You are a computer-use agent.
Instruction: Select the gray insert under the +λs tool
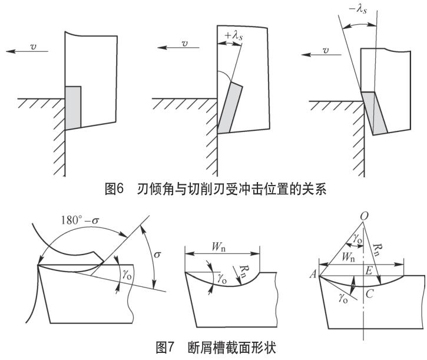pos(230,110)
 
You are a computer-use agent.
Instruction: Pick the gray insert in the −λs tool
pos(375,113)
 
